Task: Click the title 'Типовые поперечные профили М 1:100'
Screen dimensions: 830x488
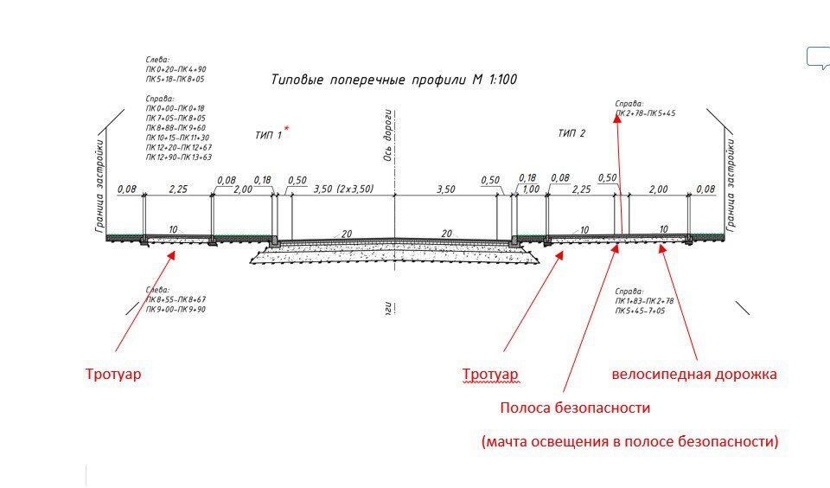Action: point(394,80)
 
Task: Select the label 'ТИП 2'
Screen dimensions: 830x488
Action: point(571,133)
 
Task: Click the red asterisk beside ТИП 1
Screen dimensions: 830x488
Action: point(287,129)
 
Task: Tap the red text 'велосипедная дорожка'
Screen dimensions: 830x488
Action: point(694,375)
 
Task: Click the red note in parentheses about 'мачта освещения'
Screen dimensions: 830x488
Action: point(630,441)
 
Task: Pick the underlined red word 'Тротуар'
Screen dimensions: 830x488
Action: point(490,375)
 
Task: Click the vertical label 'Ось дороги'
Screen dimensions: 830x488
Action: point(389,138)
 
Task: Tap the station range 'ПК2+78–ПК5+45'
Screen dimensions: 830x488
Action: point(645,113)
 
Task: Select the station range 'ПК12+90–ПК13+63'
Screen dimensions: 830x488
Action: point(179,157)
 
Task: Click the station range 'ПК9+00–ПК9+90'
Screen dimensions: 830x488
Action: point(176,309)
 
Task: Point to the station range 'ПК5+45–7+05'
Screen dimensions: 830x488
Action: point(642,310)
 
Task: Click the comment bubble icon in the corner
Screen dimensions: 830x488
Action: point(818,57)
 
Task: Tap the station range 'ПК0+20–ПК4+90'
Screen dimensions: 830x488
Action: point(176,68)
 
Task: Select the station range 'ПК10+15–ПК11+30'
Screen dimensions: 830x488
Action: point(177,138)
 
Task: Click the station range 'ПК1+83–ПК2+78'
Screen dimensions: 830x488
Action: point(644,300)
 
